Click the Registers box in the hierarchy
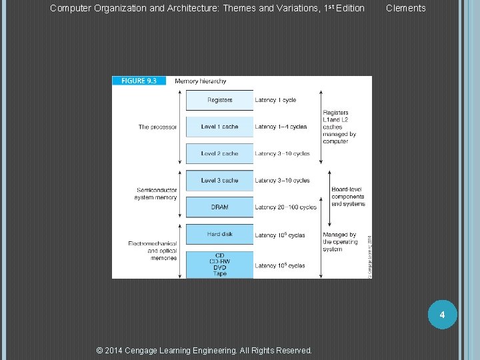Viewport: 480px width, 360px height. pyautogui.click(x=219, y=100)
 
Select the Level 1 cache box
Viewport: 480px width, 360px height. pyautogui.click(x=219, y=127)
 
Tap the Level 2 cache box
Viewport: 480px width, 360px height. pyautogui.click(x=219, y=153)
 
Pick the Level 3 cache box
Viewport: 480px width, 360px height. pyautogui.click(x=219, y=181)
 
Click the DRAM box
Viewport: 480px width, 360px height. pyautogui.click(x=219, y=207)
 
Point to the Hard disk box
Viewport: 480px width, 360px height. pyautogui.click(x=219, y=234)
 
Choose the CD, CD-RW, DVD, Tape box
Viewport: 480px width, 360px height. pyautogui.click(x=219, y=264)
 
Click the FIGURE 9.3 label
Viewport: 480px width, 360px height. pyautogui.click(x=139, y=81)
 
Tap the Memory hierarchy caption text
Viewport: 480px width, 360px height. pyautogui.click(x=200, y=81)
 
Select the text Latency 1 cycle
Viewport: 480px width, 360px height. pyautogui.click(x=275, y=100)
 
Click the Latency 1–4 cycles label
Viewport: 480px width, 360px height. pyautogui.click(x=281, y=127)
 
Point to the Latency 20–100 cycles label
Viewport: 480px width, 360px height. pyautogui.click(x=285, y=207)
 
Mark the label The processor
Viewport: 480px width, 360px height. pyautogui.click(x=157, y=127)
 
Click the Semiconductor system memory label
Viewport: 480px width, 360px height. pyautogui.click(x=157, y=193)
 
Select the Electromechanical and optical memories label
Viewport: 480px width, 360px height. pyautogui.click(x=153, y=251)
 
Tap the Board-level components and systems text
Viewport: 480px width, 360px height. pyautogui.click(x=348, y=197)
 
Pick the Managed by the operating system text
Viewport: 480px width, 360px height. pyautogui.click(x=340, y=242)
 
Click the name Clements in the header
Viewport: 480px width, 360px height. pyautogui.click(x=405, y=8)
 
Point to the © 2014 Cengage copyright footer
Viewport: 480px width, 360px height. pyautogui.click(x=204, y=350)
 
